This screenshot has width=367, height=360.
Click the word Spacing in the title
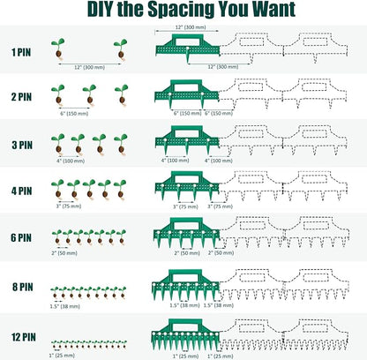point(182,10)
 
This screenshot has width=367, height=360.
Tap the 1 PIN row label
point(21,52)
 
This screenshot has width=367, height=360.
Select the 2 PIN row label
point(21,97)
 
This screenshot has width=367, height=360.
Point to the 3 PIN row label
point(22,145)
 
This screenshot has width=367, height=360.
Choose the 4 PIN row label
point(22,191)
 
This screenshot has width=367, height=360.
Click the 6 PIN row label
point(21,237)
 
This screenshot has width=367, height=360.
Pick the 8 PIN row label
point(23,287)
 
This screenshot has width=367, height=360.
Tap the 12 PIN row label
point(24,337)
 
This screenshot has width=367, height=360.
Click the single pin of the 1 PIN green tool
point(188,55)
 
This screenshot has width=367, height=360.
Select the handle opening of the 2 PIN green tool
point(186,87)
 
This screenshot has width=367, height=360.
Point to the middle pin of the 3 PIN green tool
point(187,146)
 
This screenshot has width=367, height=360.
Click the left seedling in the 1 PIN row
point(58,49)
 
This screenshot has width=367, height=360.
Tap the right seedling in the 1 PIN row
point(121,49)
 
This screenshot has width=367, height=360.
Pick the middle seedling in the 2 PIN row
point(90,94)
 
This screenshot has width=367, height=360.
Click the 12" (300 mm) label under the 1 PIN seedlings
point(89,67)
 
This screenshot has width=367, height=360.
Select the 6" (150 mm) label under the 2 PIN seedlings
point(74,114)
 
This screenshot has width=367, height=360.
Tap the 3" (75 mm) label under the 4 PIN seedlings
point(69,206)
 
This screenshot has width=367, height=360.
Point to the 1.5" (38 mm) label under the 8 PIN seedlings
point(64,306)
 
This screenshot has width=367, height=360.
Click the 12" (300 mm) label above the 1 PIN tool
point(191,27)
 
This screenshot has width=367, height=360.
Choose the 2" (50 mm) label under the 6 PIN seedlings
point(64,253)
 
